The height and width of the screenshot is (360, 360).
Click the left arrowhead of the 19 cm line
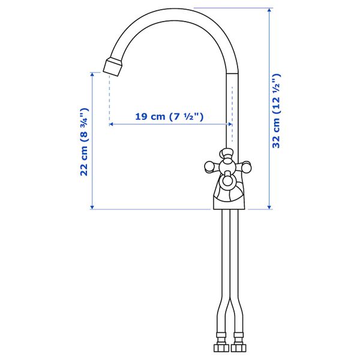(112, 124)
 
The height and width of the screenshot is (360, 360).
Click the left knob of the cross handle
(208, 164)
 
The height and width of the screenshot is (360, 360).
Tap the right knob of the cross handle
(247, 166)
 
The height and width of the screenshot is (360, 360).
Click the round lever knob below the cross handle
(228, 179)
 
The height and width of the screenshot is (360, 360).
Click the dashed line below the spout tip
(109, 99)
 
